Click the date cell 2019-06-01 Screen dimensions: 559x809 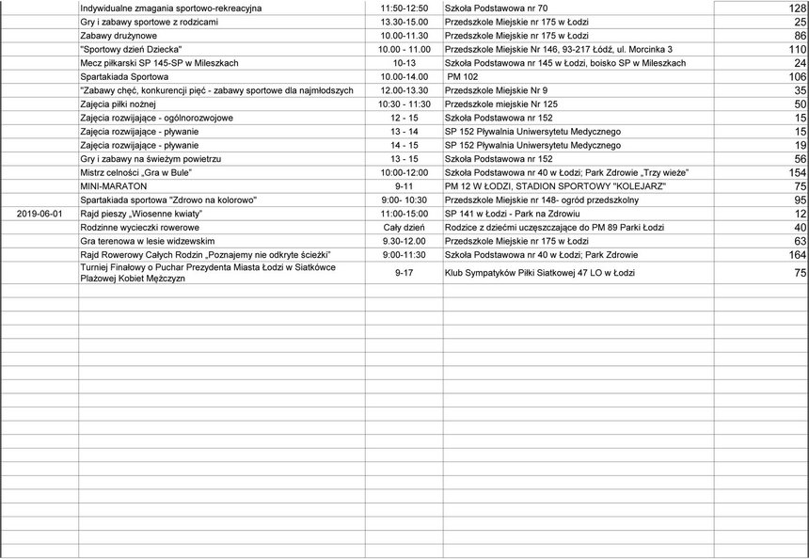pos(40,215)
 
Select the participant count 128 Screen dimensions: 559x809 pos(797,8)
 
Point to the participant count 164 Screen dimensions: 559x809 pos(797,255)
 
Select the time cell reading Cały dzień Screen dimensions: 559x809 pos(404,228)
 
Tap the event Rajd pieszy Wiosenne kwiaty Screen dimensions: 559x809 pos(141,215)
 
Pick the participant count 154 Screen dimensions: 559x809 pos(797,173)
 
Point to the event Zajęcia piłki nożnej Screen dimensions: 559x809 pos(119,104)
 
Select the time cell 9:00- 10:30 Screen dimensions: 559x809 pos(404,200)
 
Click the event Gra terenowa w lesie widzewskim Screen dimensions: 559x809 pos(148,242)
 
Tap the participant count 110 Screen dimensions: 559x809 pos(797,49)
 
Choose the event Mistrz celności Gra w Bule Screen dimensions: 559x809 pos(136,173)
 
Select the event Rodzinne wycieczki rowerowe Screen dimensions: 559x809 pos(139,228)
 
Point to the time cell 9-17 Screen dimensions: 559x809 pos(404,273)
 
